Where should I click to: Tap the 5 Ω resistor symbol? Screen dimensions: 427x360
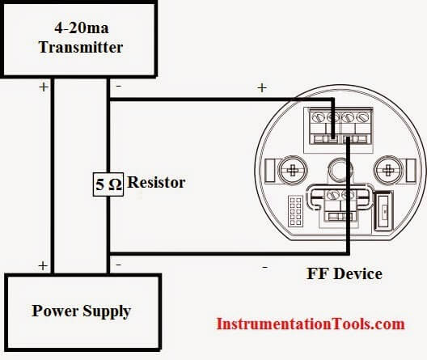pos(108,184)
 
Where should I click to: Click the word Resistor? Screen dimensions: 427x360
pos(156,182)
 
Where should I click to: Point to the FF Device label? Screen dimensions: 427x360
pos(345,273)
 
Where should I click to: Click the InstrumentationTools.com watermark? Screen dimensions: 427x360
pos(311,324)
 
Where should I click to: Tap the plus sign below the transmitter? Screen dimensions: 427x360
pos(44,87)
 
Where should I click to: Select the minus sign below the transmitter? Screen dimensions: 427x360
pos(119,87)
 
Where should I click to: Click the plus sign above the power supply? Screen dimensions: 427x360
pos(43,266)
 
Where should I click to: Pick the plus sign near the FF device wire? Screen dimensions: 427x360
pos(262,87)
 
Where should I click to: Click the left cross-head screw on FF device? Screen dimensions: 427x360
pos(293,170)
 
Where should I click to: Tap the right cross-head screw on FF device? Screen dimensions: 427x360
pos(387,170)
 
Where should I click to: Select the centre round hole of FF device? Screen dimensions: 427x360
pos(340,169)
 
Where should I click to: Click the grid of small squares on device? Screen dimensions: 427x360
pos(295,211)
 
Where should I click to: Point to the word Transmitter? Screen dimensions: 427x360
pos(81,47)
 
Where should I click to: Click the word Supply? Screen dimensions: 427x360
pos(107,311)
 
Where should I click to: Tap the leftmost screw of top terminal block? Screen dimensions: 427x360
pos(316,118)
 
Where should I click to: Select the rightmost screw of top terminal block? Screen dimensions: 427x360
pos(363,118)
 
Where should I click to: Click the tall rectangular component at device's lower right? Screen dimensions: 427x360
pos(384,211)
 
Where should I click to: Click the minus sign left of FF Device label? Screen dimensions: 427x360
pos(264,268)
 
